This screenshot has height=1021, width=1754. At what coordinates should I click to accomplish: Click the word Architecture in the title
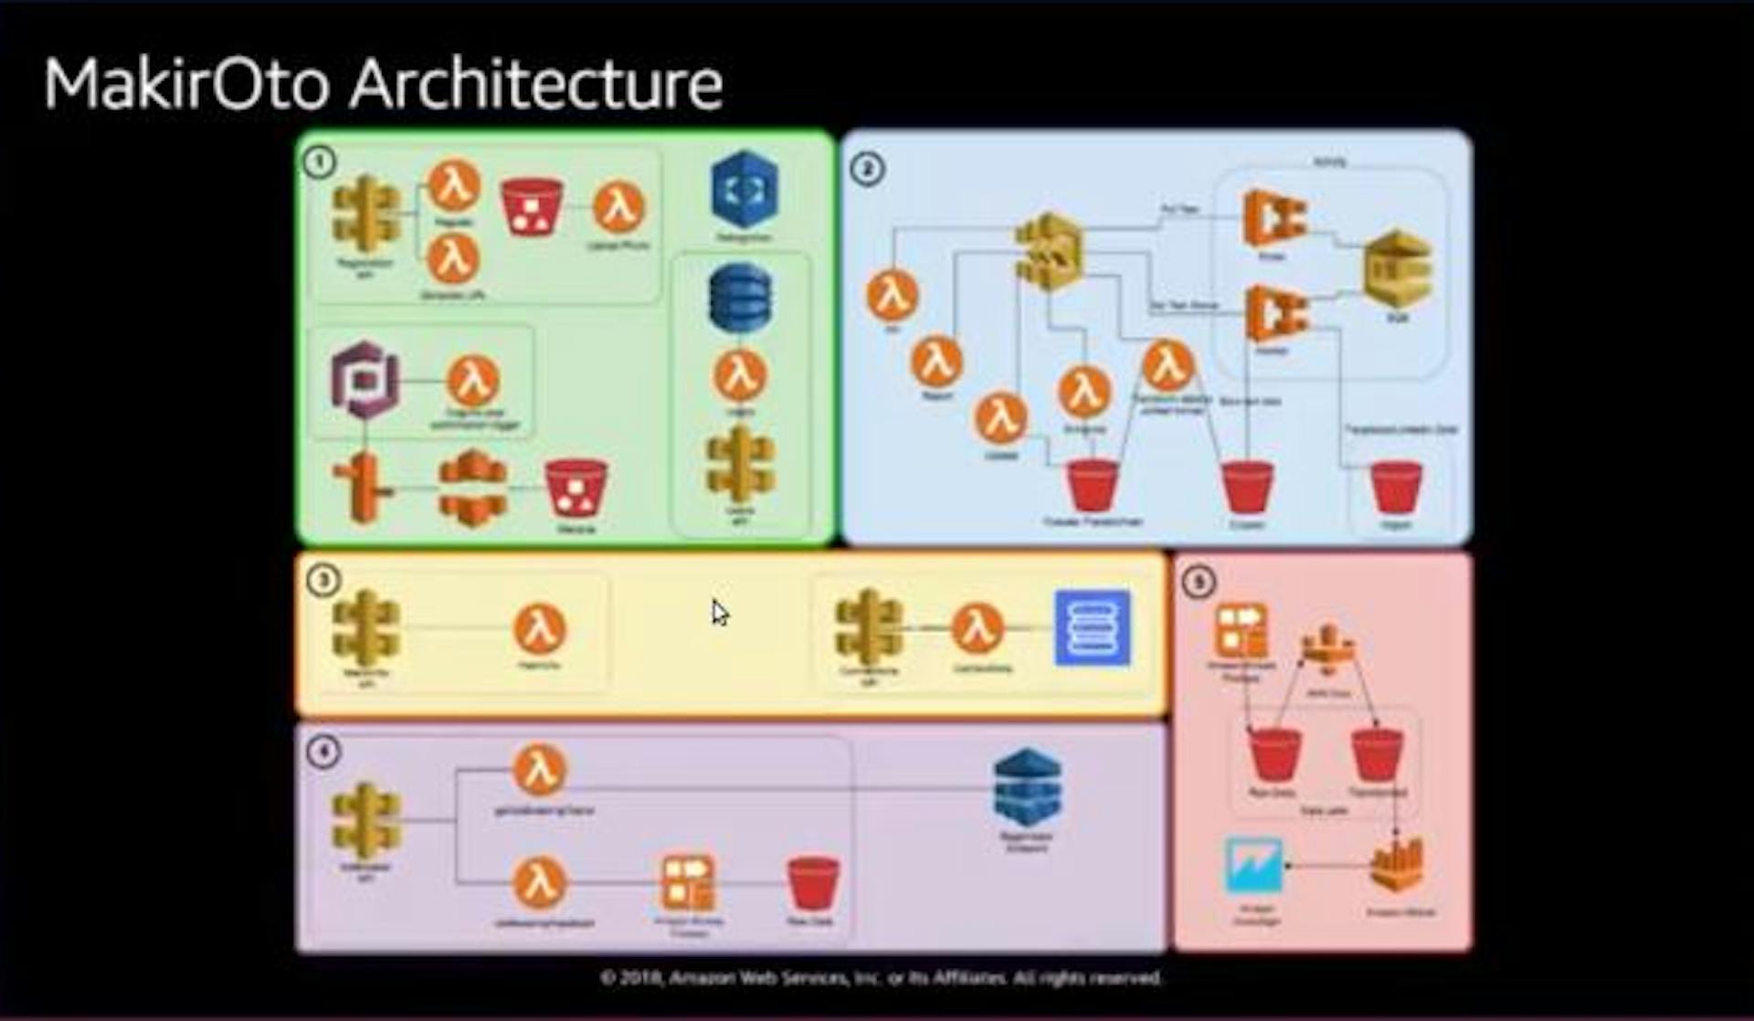[x=536, y=84]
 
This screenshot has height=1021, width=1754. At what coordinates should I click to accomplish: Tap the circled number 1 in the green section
[x=320, y=163]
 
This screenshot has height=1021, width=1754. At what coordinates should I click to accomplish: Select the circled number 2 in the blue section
[x=867, y=169]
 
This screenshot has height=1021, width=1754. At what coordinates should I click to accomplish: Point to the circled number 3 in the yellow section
[x=322, y=580]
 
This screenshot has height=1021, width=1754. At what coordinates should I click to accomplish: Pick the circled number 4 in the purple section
[x=322, y=752]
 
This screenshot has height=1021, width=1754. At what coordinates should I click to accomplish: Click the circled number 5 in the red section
[x=1199, y=582]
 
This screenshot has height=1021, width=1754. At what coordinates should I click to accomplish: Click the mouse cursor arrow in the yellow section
[x=720, y=612]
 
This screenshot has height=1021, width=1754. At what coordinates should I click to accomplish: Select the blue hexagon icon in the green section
[x=745, y=189]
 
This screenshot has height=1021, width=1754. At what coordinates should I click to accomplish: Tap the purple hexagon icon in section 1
[x=365, y=379]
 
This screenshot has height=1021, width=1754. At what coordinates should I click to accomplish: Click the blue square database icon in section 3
[x=1092, y=628]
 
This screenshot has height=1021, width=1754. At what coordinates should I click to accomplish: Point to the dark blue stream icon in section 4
[x=1027, y=787]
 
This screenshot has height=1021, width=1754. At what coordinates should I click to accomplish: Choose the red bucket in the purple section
[x=812, y=883]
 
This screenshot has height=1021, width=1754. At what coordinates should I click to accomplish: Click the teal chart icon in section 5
[x=1252, y=865]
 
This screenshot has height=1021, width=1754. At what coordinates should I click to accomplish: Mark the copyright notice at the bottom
[x=881, y=978]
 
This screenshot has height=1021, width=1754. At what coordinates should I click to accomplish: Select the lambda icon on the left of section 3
[x=540, y=629]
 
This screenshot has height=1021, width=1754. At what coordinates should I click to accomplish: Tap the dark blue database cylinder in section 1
[x=740, y=298]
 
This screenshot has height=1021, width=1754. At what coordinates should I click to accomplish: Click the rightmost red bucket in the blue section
[x=1396, y=488]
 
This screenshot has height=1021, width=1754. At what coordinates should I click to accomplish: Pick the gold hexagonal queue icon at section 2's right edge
[x=1397, y=270]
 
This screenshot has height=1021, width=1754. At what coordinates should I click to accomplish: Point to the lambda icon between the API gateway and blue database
[x=977, y=629]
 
